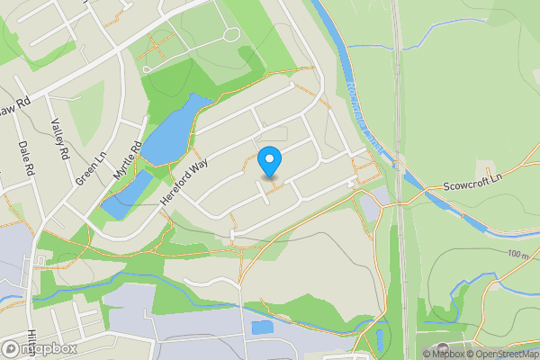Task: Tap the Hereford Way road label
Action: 188,178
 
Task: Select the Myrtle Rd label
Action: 128,168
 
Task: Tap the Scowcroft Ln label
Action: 472,187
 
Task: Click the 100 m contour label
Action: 517,255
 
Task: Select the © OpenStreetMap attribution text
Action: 506,354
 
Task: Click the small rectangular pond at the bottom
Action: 263,328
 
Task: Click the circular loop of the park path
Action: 230,35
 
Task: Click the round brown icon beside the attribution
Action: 440,348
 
